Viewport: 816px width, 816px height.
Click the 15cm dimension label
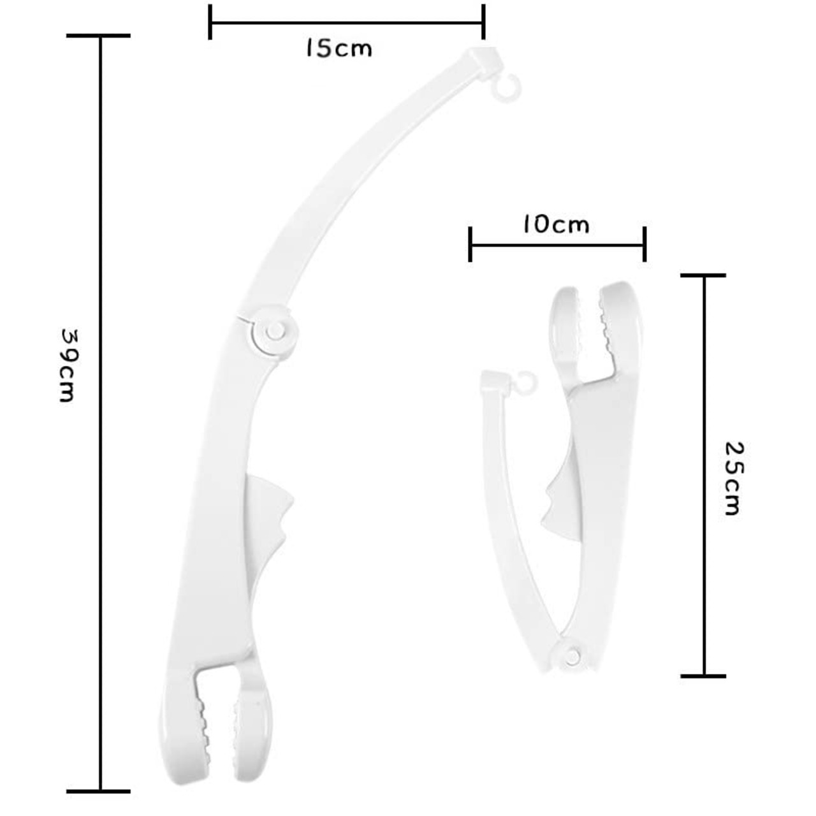[x=339, y=48]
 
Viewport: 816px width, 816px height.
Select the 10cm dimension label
[x=556, y=224]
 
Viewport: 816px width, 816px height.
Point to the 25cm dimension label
[x=733, y=479]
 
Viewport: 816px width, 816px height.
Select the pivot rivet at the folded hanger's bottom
[x=572, y=655]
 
